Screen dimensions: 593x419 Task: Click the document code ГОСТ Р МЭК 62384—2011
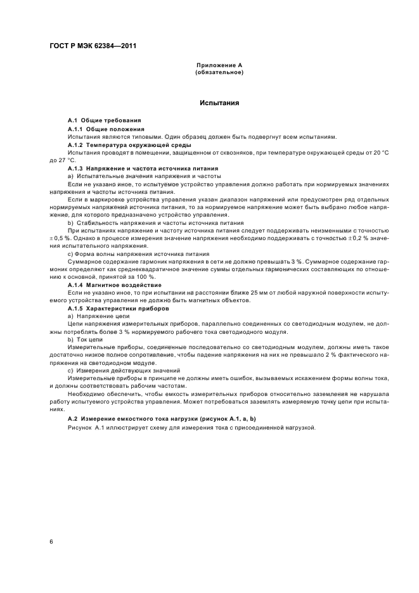[x=93, y=46]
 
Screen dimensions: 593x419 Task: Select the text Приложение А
[x=219, y=65]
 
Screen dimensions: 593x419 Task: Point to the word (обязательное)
[x=219, y=72]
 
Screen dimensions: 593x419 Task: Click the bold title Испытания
[x=219, y=102]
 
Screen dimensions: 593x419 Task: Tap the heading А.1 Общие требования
[x=105, y=120]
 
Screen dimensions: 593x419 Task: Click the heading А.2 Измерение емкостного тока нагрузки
[x=161, y=419]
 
